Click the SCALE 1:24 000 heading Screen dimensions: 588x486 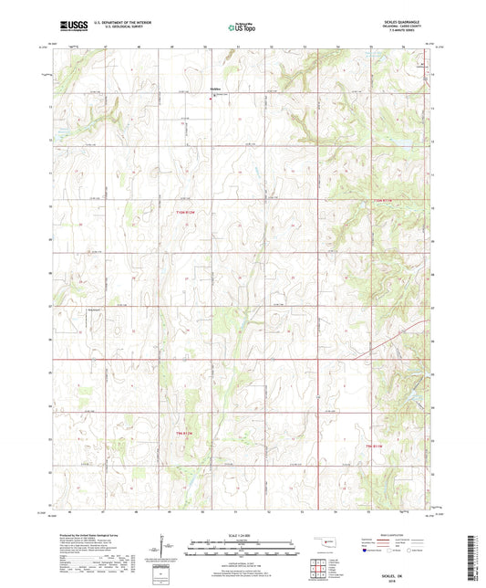243,534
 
